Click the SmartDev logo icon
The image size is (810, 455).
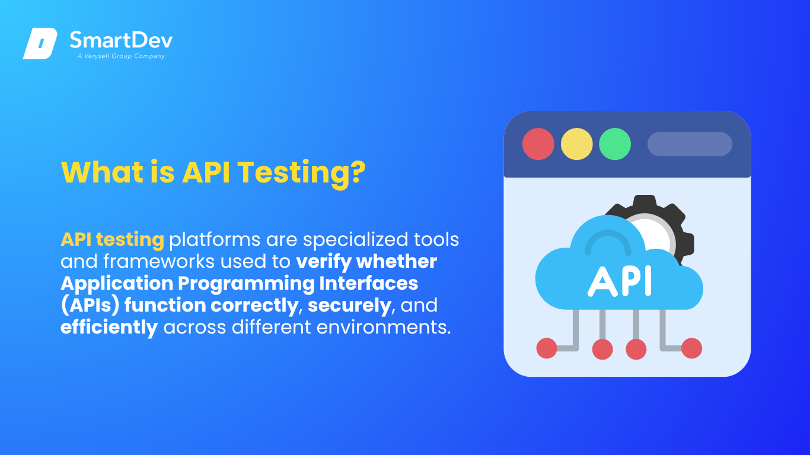pos(40,43)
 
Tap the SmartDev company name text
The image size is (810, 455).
pos(121,40)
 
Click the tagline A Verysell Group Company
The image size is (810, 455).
pos(121,56)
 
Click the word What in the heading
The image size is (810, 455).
pos(102,172)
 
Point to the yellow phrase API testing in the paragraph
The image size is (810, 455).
pos(113,240)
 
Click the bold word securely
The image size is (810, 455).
pos(349,306)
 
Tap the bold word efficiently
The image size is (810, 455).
pos(109,328)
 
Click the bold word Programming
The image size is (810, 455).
pos(246,284)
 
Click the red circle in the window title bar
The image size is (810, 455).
pos(538,144)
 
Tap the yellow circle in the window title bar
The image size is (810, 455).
pos(577,144)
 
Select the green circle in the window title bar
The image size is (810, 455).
pos(615,144)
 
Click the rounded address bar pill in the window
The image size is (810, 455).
pos(690,144)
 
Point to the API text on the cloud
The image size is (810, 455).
pos(620,281)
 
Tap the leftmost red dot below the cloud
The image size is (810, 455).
pos(547,348)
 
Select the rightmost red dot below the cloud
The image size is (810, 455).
pos(692,348)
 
